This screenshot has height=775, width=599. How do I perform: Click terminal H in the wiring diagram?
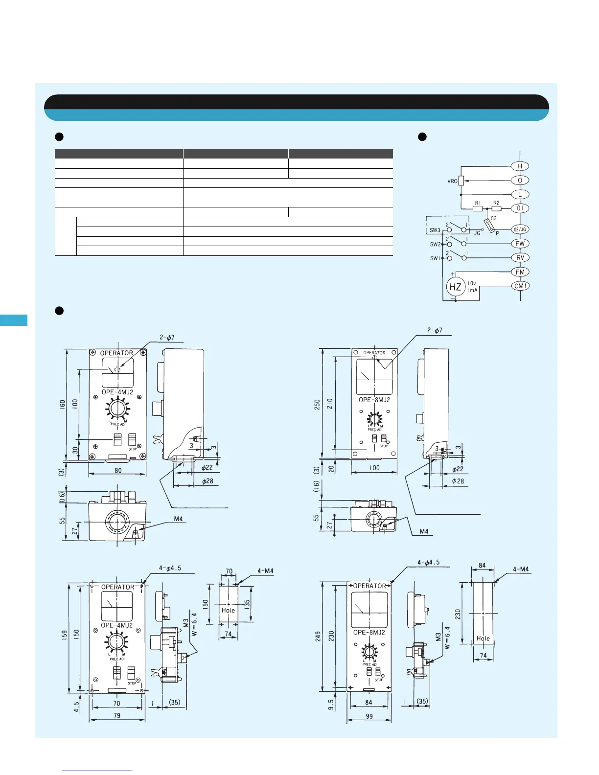pyautogui.click(x=520, y=166)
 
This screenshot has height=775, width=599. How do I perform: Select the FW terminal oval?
pyautogui.click(x=520, y=244)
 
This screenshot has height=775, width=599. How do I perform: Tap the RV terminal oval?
pyautogui.click(x=520, y=258)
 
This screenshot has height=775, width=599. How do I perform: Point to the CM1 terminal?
pyautogui.click(x=520, y=286)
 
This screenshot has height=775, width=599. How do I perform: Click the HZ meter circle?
pyautogui.click(x=455, y=287)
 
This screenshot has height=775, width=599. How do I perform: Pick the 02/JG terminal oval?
pyautogui.click(x=520, y=229)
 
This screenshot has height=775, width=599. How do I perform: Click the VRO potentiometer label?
pyautogui.click(x=452, y=181)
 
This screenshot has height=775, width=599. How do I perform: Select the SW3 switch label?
pyautogui.click(x=435, y=230)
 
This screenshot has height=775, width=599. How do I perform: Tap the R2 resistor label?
pyautogui.click(x=496, y=203)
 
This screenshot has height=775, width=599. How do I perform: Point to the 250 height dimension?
pyautogui.click(x=317, y=404)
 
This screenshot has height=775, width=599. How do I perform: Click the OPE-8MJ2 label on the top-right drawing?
pyautogui.click(x=374, y=400)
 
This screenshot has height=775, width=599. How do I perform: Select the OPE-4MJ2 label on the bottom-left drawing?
pyautogui.click(x=116, y=625)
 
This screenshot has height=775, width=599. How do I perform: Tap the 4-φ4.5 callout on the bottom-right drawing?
pyautogui.click(x=428, y=563)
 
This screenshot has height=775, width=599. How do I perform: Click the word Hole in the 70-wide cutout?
pyautogui.click(x=228, y=610)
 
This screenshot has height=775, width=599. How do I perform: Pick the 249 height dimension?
pyautogui.click(x=318, y=636)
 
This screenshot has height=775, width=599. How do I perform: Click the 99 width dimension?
pyautogui.click(x=369, y=716)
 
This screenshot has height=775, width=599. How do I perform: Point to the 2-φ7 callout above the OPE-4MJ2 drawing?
pyautogui.click(x=167, y=338)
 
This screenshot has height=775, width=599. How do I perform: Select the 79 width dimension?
pyautogui.click(x=117, y=715)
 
